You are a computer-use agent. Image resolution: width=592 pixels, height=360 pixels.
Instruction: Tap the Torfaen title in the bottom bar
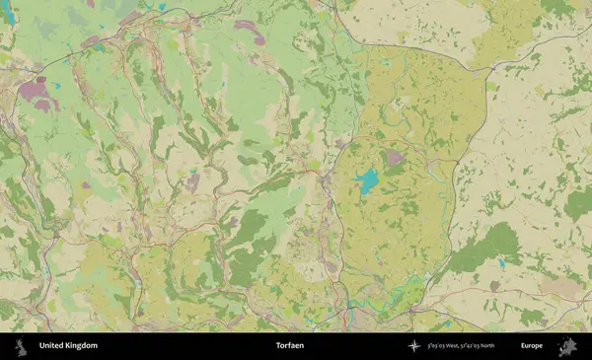[x=290, y=346]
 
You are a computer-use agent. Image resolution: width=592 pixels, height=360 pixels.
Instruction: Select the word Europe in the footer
[x=532, y=346]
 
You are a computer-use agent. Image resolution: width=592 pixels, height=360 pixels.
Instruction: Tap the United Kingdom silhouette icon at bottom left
[x=19, y=346]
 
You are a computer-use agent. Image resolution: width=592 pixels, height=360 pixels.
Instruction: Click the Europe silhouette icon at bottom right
[x=567, y=346]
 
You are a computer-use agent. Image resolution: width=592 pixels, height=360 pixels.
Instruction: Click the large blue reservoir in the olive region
[x=368, y=180]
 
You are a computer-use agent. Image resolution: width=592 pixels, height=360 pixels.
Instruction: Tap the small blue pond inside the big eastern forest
[x=501, y=263]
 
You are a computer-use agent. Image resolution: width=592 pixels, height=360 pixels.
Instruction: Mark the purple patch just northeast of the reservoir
[x=394, y=157]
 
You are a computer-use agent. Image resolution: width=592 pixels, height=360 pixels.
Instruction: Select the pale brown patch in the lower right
[x=560, y=288]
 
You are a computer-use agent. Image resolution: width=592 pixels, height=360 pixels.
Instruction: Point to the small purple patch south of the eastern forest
[x=494, y=286]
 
